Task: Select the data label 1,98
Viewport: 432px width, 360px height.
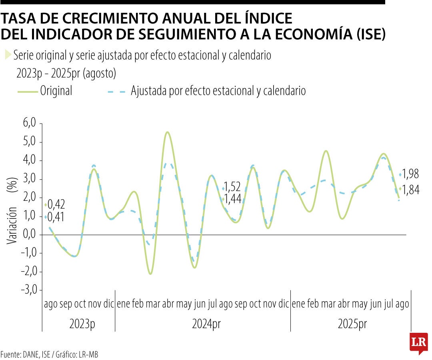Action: [410, 174]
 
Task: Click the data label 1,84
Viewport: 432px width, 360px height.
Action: [410, 190]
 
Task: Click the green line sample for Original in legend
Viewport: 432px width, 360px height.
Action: [28, 92]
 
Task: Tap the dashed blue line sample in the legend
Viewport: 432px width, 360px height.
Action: [116, 92]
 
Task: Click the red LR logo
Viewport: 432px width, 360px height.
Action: [419, 342]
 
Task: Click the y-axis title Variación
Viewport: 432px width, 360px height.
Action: [12, 225]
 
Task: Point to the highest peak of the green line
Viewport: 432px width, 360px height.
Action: [167, 132]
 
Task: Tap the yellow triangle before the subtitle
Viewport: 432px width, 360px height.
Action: [8, 55]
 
